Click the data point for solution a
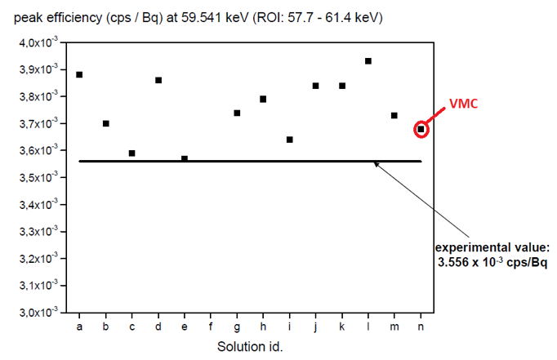pyautogui.click(x=79, y=74)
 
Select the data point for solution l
pyautogui.click(x=368, y=61)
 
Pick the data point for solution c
pyautogui.click(x=132, y=153)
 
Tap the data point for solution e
pyautogui.click(x=185, y=158)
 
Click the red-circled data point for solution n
pyautogui.click(x=421, y=129)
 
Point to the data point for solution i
pyautogui.click(x=290, y=140)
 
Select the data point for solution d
pyautogui.click(x=158, y=80)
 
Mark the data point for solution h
pyautogui.click(x=263, y=99)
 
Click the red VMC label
pyautogui.click(x=466, y=105)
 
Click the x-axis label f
pyautogui.click(x=211, y=327)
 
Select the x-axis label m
pyautogui.click(x=394, y=327)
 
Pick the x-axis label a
pyautogui.click(x=79, y=327)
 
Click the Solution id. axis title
pyautogui.click(x=249, y=346)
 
